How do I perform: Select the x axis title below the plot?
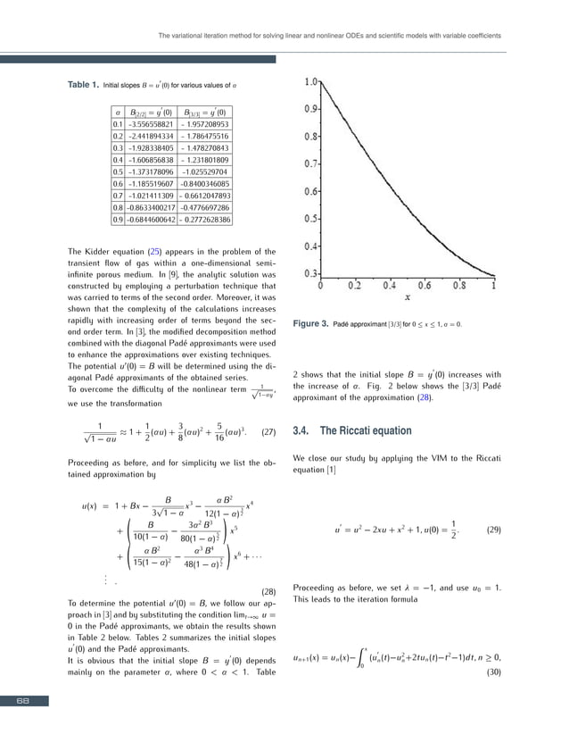408,298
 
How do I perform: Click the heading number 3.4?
302,430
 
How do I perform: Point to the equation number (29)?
493,530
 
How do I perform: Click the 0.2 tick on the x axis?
355,287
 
